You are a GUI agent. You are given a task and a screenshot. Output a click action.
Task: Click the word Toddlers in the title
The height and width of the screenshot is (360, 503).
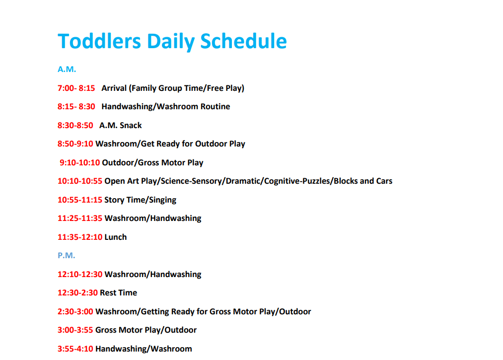tap(99, 41)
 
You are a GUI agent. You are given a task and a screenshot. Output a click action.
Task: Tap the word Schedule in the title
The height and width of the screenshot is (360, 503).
tap(243, 41)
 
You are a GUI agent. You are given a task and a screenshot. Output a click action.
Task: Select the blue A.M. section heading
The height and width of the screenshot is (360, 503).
tap(67, 70)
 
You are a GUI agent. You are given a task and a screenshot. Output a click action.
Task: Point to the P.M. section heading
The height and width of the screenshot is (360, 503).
tap(67, 255)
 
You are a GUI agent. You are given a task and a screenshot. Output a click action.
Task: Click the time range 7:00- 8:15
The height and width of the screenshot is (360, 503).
tap(76, 88)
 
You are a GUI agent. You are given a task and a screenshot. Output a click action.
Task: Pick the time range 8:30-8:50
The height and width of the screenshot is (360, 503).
tap(75, 125)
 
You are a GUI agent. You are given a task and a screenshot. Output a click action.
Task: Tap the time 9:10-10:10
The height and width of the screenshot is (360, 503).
tap(80, 162)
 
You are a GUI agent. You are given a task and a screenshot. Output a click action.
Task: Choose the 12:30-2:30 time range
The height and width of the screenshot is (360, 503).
tap(77, 292)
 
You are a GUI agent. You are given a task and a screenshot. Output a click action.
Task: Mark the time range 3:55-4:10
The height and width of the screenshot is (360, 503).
tap(75, 349)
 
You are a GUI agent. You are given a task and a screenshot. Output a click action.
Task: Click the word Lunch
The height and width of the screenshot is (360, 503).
tap(116, 237)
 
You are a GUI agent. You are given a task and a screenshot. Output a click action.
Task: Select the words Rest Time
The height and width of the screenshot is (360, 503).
tap(119, 292)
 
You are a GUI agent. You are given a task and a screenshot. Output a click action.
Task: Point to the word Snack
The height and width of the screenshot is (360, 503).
tap(131, 125)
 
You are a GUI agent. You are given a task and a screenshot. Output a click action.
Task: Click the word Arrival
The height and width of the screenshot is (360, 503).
tap(114, 88)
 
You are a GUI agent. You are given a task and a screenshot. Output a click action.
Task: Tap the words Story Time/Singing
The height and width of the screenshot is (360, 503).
tap(141, 200)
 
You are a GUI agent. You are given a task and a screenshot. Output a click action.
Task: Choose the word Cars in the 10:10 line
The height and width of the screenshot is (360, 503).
tap(384, 181)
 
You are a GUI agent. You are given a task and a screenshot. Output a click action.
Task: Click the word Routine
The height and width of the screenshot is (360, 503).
tap(216, 107)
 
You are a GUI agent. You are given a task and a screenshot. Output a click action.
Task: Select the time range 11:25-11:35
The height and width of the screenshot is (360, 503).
tap(80, 218)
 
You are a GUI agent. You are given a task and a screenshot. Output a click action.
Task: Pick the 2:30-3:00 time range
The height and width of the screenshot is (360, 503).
tap(75, 311)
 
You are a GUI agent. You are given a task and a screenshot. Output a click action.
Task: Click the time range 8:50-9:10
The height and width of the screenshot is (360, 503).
tap(75, 144)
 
